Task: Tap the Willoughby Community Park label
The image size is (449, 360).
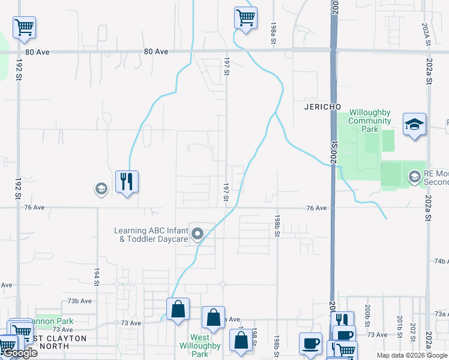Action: click(x=370, y=121)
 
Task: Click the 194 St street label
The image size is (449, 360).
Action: click(x=96, y=277)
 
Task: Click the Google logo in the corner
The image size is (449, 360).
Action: click(x=20, y=353)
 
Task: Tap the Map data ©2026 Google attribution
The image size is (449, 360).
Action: click(x=411, y=355)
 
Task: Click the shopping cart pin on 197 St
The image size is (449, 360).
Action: click(x=246, y=17)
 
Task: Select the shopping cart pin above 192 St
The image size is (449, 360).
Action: click(x=24, y=26)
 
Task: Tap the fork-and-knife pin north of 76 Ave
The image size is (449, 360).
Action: click(x=127, y=181)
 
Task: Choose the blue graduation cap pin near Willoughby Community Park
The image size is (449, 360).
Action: click(x=414, y=124)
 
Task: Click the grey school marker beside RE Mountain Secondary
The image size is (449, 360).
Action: click(x=414, y=176)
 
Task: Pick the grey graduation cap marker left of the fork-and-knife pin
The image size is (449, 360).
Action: click(x=101, y=190)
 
